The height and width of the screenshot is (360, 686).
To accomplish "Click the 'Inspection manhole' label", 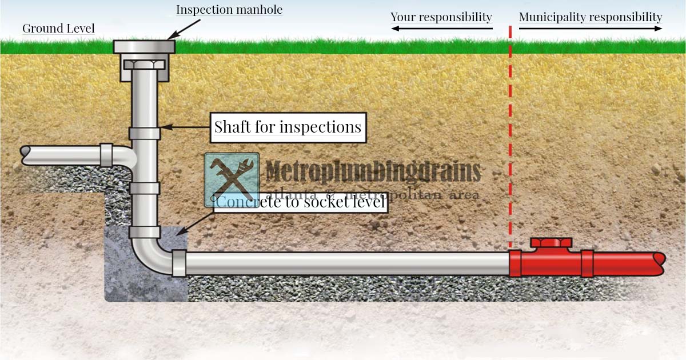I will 229,10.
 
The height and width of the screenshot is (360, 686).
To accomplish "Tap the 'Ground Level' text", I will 58,28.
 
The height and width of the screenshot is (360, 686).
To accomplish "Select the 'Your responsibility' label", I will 441,17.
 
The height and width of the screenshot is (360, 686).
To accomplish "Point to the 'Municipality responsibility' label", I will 590,17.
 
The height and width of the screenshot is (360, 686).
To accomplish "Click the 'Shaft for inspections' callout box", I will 288,127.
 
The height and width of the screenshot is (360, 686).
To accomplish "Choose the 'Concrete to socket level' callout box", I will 301,202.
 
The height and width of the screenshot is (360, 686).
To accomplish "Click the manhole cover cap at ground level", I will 143,46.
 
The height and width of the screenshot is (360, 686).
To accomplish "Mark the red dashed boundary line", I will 510,143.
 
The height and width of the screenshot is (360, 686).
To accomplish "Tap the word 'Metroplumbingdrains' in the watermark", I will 373,171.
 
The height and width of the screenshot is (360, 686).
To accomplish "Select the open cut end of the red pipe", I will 661,264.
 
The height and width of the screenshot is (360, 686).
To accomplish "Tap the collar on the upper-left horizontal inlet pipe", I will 106,155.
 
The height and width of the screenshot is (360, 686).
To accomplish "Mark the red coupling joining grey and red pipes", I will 515,263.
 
